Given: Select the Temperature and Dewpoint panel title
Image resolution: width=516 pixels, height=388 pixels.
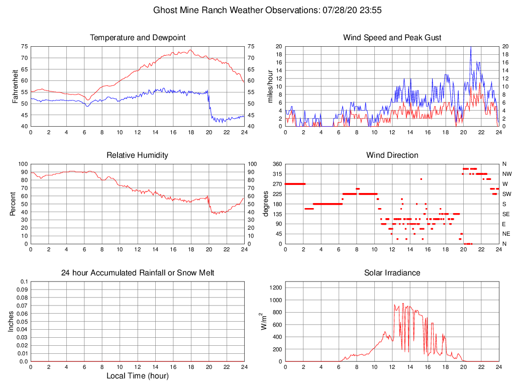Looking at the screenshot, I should click(138, 38).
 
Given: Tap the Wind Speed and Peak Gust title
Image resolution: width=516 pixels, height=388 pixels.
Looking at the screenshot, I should click(392, 38).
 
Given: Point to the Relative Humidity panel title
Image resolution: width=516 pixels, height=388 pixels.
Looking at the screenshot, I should click(138, 155).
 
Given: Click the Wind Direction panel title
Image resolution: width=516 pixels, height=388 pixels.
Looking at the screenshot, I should click(392, 155).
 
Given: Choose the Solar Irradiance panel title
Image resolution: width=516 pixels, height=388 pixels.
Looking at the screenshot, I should click(392, 273).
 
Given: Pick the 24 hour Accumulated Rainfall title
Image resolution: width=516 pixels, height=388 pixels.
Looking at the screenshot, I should click(138, 273).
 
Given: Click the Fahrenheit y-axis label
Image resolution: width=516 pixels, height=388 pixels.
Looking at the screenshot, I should click(15, 86).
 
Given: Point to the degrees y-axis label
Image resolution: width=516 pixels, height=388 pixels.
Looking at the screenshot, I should click(266, 204).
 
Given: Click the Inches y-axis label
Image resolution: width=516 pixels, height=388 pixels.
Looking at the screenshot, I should click(11, 321).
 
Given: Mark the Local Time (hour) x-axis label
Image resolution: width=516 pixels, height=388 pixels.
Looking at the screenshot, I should click(138, 376).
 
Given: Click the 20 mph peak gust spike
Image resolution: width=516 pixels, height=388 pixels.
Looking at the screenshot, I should click(471, 47).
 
